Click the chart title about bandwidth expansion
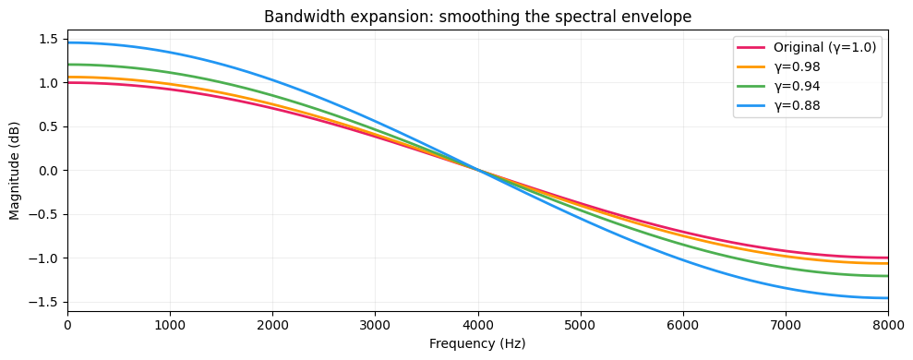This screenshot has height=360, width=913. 477,17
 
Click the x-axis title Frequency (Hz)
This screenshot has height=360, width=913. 477,343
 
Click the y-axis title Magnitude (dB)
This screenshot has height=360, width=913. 15,171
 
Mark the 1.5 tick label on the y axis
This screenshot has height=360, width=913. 50,39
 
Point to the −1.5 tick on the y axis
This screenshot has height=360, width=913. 46,302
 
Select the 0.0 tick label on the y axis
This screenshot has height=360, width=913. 50,171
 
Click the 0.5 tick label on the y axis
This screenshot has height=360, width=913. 50,126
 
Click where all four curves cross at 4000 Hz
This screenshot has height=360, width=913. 478,170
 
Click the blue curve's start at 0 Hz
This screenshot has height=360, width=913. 68,42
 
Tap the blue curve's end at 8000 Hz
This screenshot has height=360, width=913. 887,297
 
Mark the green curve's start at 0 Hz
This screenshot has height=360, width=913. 68,65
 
